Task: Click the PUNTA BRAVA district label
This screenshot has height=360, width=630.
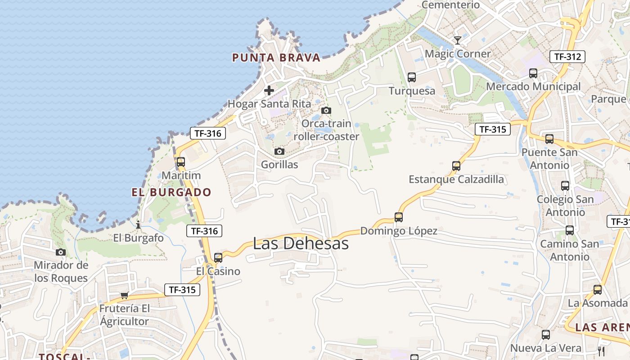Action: pyautogui.click(x=276, y=58)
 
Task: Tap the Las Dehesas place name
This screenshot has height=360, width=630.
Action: pyautogui.click(x=301, y=243)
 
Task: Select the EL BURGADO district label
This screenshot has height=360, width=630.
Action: pyautogui.click(x=171, y=192)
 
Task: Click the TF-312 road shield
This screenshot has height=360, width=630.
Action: pyautogui.click(x=567, y=57)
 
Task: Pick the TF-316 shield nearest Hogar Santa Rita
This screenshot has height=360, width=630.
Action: pyautogui.click(x=207, y=133)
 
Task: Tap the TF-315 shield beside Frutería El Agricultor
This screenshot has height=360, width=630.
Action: pyautogui.click(x=182, y=290)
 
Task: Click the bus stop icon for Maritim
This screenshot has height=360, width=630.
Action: pyautogui.click(x=181, y=162)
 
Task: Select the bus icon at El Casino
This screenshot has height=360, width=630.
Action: pyautogui.click(x=218, y=258)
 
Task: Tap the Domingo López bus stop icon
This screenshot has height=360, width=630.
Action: pyautogui.click(x=398, y=217)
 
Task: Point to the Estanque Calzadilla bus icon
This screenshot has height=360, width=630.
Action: pyautogui.click(x=456, y=166)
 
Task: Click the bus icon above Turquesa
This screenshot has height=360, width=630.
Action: pyautogui.click(x=412, y=77)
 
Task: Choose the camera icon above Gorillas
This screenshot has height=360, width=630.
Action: pyautogui.click(x=279, y=151)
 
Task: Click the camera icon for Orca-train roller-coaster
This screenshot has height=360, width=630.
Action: pyautogui.click(x=326, y=110)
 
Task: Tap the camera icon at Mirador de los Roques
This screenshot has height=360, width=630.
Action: pyautogui.click(x=61, y=252)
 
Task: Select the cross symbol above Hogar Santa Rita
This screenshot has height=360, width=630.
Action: pyautogui.click(x=269, y=90)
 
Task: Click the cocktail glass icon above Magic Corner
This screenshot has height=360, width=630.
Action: pyautogui.click(x=458, y=40)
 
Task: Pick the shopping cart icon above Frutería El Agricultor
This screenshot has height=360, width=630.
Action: pyautogui.click(x=124, y=295)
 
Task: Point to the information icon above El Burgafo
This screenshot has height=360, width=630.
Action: pyautogui.click(x=138, y=224)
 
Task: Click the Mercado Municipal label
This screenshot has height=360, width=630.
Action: pyautogui.click(x=533, y=86)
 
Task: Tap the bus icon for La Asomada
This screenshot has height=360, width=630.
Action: pyautogui.click(x=598, y=290)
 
